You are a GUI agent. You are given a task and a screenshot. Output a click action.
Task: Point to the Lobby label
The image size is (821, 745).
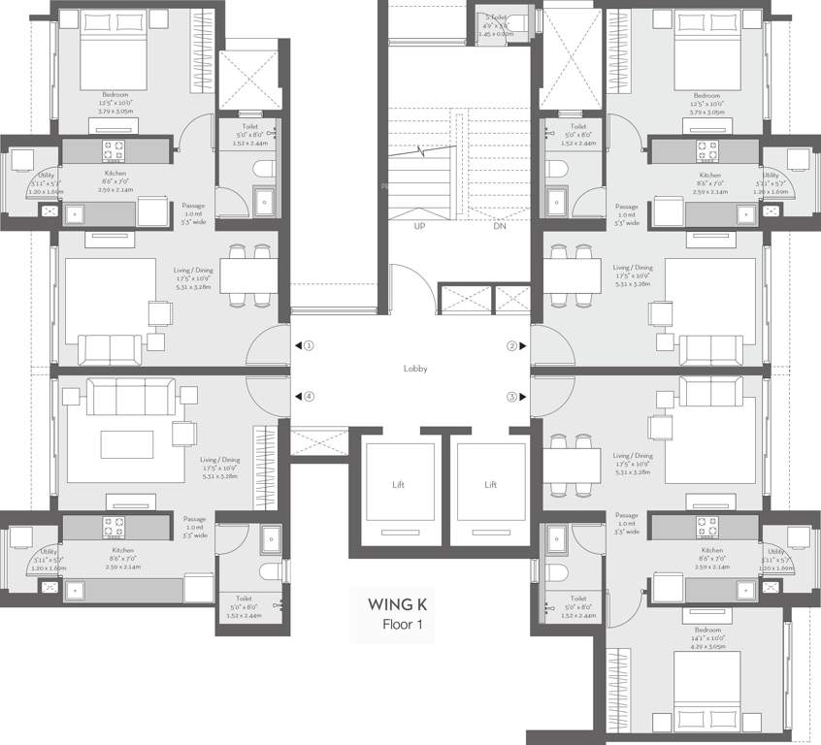415,369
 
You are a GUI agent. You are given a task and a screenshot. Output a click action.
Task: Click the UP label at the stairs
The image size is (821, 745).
419,225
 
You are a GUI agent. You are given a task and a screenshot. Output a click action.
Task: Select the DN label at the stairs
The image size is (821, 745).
501,225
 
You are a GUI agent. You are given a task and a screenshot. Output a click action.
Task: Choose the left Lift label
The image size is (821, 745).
398,484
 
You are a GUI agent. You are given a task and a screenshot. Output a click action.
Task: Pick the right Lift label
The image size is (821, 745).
491,484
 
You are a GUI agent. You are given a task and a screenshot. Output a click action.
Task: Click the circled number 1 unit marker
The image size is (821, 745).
309,345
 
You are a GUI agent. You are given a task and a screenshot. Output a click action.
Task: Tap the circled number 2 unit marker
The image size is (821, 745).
511,345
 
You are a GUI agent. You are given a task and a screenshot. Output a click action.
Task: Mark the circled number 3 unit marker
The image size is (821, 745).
511,396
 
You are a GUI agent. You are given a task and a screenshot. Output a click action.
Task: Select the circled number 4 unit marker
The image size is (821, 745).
309,396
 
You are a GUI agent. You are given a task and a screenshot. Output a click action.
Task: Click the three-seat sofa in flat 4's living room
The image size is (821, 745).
130,396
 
